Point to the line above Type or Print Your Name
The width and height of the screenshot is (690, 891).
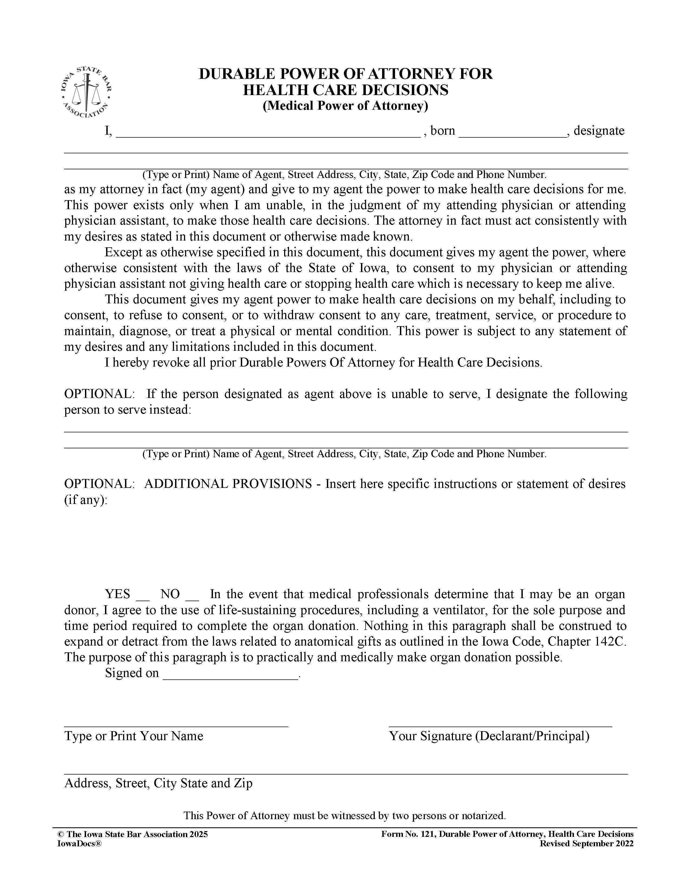point(176,726)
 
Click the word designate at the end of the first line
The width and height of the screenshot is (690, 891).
point(599,131)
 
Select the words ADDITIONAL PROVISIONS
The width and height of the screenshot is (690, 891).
point(228,484)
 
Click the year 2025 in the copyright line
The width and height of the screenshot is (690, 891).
point(199,834)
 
